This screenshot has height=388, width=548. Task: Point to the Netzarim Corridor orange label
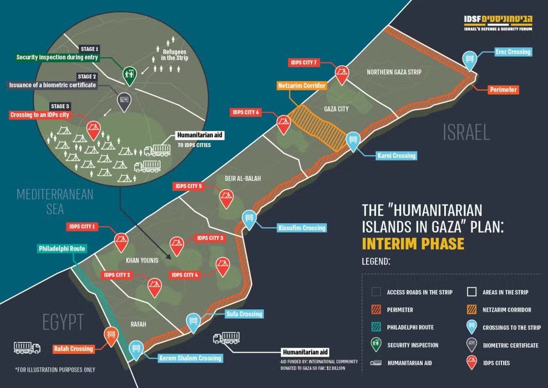[x=302, y=86]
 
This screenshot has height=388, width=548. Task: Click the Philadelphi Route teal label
[x=62, y=249]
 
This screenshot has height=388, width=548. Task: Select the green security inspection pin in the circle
[x=129, y=75]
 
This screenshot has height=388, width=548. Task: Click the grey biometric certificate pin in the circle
[x=124, y=101]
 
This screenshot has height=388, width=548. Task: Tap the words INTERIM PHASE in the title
[x=413, y=244]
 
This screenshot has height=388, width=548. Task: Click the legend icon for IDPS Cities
[x=471, y=363]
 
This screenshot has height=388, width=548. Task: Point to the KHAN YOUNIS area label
[x=142, y=260]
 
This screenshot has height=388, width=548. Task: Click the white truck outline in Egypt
[x=27, y=348]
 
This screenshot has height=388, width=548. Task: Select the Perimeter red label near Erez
[x=503, y=90]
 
